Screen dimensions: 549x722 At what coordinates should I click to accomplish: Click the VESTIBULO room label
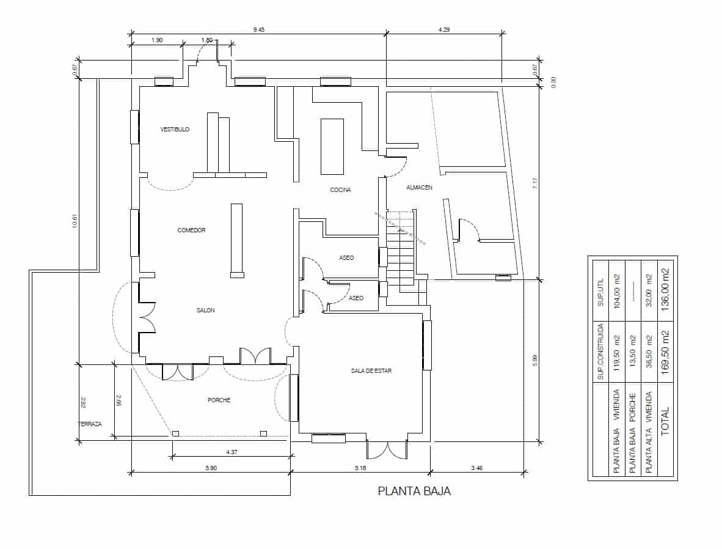(175, 130)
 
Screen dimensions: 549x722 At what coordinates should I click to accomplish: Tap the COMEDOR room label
(191, 230)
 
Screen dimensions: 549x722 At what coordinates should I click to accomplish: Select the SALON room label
(205, 311)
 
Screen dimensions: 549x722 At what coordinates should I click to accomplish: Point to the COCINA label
(340, 190)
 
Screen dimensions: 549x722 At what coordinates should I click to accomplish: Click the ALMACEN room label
(419, 188)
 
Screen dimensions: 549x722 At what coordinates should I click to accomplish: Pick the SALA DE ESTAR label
(371, 371)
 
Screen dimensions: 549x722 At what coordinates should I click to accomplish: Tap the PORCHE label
(219, 400)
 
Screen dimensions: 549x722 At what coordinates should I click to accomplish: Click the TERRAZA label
(89, 424)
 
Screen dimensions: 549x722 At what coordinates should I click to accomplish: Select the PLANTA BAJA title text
(414, 491)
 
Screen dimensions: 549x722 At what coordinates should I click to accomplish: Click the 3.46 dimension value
(477, 468)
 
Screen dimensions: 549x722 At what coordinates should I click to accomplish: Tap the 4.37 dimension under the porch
(232, 452)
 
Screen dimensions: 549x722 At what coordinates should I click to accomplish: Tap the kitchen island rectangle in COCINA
(332, 146)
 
